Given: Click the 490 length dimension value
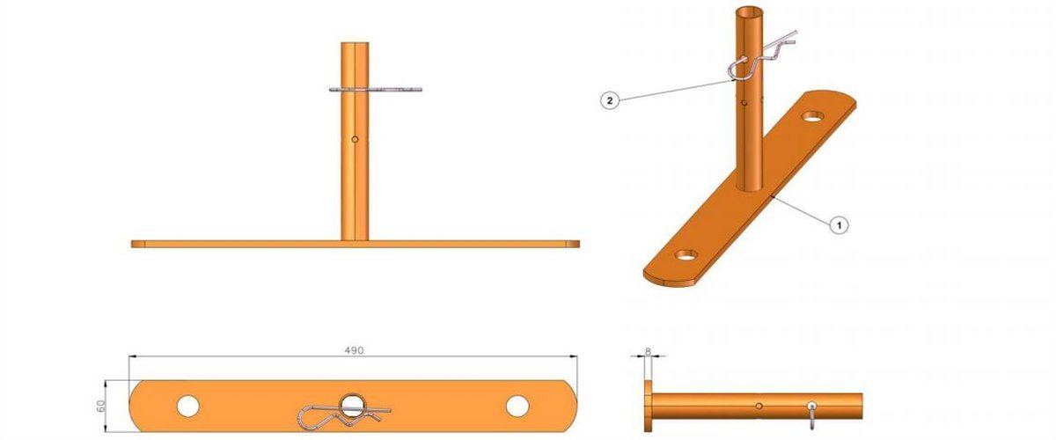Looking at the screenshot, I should [354, 349].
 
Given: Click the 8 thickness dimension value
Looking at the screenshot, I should [649, 351].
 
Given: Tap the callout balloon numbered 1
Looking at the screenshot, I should [840, 225].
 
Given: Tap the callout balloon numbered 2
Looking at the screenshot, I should [609, 100].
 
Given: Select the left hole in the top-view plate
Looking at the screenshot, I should [187, 406].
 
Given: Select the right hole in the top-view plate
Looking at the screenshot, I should [517, 406].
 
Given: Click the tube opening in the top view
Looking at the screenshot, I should [353, 404].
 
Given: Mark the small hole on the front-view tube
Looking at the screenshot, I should [354, 139].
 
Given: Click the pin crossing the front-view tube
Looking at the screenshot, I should [374, 89].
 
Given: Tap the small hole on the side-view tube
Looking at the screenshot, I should [759, 406].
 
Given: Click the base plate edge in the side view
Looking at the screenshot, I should [649, 407].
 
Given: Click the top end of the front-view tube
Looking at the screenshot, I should [354, 45].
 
